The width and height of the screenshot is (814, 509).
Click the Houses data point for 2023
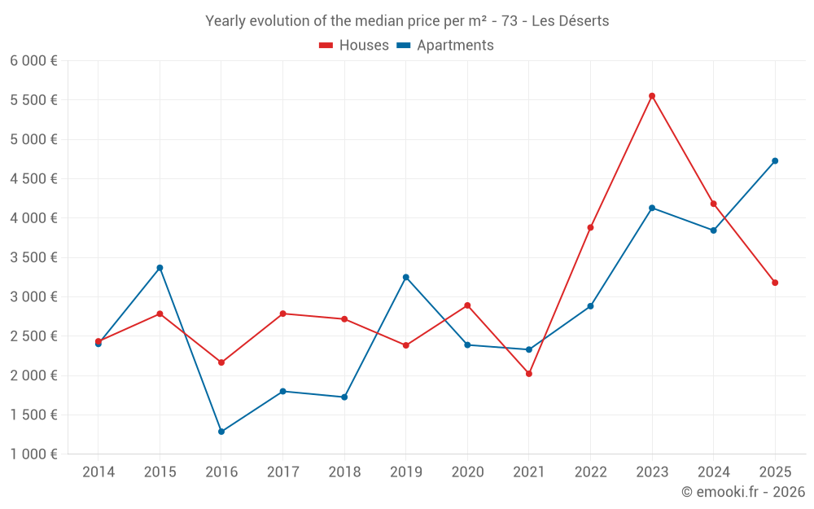[652, 96]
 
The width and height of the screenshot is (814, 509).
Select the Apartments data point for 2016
[221, 432]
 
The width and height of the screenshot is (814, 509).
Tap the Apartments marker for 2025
[775, 160]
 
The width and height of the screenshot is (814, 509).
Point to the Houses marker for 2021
[529, 374]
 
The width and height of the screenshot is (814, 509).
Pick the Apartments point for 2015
[160, 268]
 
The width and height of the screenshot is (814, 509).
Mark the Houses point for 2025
[775, 283]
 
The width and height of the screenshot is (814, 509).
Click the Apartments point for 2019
[406, 277]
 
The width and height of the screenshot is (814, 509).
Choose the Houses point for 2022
[590, 227]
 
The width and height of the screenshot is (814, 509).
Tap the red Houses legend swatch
[326, 46]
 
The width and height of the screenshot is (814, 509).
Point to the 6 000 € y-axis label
[33, 61]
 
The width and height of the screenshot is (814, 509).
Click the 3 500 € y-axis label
[33, 257]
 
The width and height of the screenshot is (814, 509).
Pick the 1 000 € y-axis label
[33, 454]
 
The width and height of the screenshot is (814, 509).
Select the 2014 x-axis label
[98, 472]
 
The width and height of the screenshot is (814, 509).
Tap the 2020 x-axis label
[467, 472]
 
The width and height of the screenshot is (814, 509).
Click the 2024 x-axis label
[713, 472]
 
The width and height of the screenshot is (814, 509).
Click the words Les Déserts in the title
[571, 21]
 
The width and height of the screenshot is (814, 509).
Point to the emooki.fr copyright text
[743, 492]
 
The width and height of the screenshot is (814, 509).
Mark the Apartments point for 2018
[344, 397]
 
